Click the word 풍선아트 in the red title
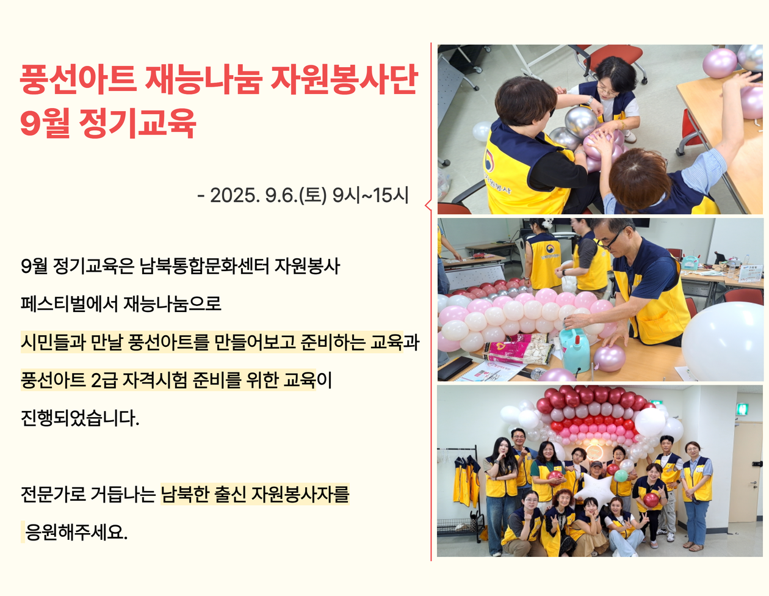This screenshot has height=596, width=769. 78,80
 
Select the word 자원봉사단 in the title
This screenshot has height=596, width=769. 344,80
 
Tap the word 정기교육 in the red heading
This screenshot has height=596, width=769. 137,123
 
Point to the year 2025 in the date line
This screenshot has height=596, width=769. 233,195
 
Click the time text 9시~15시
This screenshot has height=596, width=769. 370,195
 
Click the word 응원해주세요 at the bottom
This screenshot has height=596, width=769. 76,532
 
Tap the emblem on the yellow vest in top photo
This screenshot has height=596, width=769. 489,161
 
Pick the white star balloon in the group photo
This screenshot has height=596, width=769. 596,490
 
